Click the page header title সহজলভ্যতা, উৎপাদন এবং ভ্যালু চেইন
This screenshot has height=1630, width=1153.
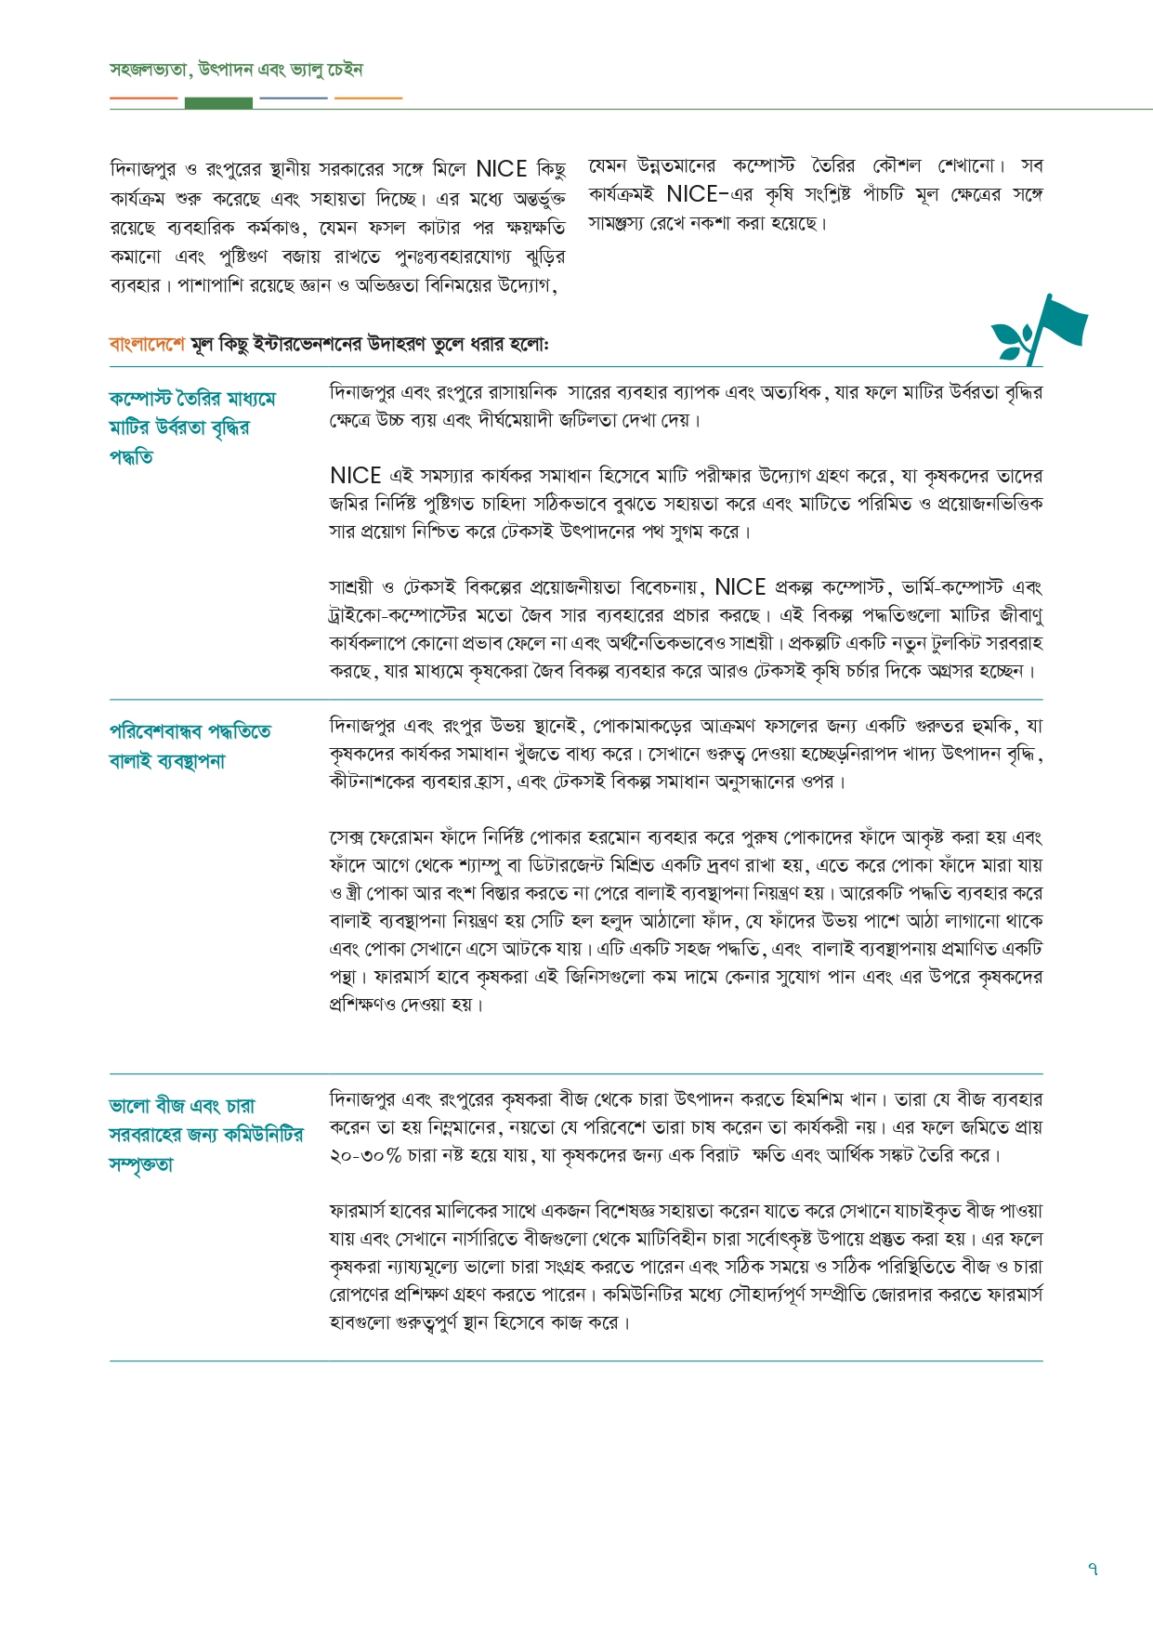236,70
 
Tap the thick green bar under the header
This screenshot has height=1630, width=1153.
218,102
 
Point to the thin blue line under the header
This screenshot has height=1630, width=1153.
294,98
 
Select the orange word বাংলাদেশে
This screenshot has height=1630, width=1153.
147,344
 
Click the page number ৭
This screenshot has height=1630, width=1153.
1093,1569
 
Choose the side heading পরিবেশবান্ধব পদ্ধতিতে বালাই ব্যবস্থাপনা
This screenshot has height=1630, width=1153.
190,745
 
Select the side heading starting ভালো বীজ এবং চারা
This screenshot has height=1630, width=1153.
205,1135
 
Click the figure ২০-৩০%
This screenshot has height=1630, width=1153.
365,1155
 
